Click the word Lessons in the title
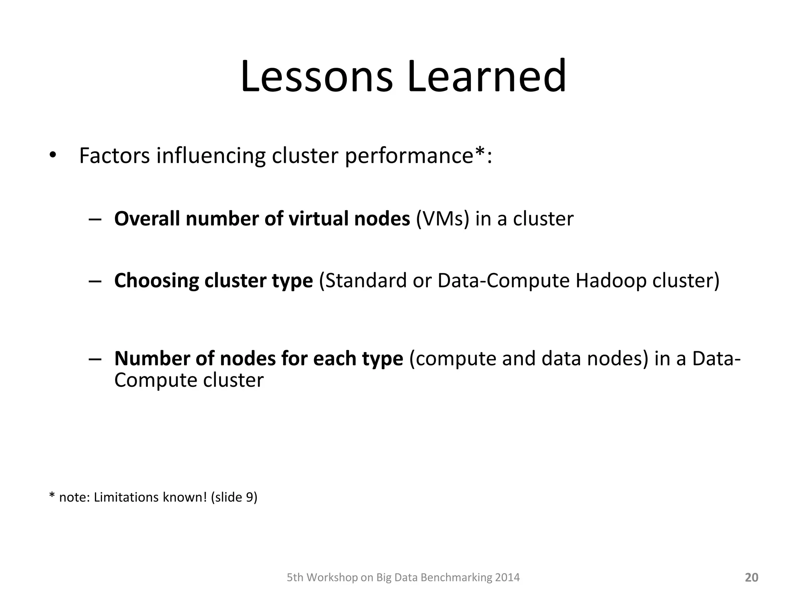point(316,76)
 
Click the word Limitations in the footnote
point(127,497)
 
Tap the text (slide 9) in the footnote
point(234,497)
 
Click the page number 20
point(751,577)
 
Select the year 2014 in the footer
point(508,577)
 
